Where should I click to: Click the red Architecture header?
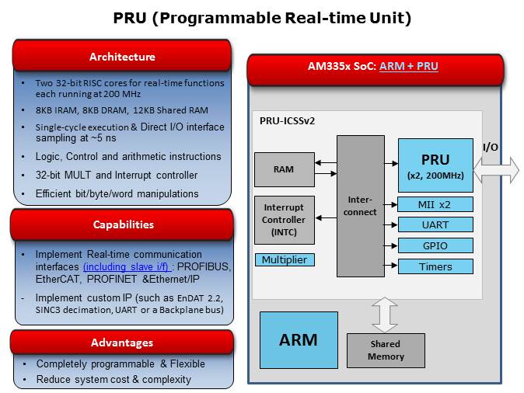pyautogui.click(x=122, y=57)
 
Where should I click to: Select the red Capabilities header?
pyautogui.click(x=122, y=224)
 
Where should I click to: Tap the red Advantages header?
pyautogui.click(x=122, y=343)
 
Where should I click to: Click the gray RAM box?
pyautogui.click(x=283, y=170)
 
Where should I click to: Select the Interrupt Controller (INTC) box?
pyautogui.click(x=283, y=220)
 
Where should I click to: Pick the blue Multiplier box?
pyautogui.click(x=285, y=259)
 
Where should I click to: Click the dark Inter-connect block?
pyautogui.click(x=359, y=206)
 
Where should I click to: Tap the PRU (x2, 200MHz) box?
pyautogui.click(x=435, y=165)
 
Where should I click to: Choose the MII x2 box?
pyautogui.click(x=435, y=205)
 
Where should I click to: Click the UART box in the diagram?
pyautogui.click(x=435, y=224)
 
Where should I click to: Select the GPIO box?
pyautogui.click(x=435, y=245)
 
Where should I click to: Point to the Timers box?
pyautogui.click(x=435, y=266)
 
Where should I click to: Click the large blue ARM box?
pyautogui.click(x=299, y=339)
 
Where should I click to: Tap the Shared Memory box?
pyautogui.click(x=386, y=350)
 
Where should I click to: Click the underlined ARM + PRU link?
pyautogui.click(x=408, y=67)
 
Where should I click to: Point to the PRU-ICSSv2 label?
pyautogui.click(x=287, y=121)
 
